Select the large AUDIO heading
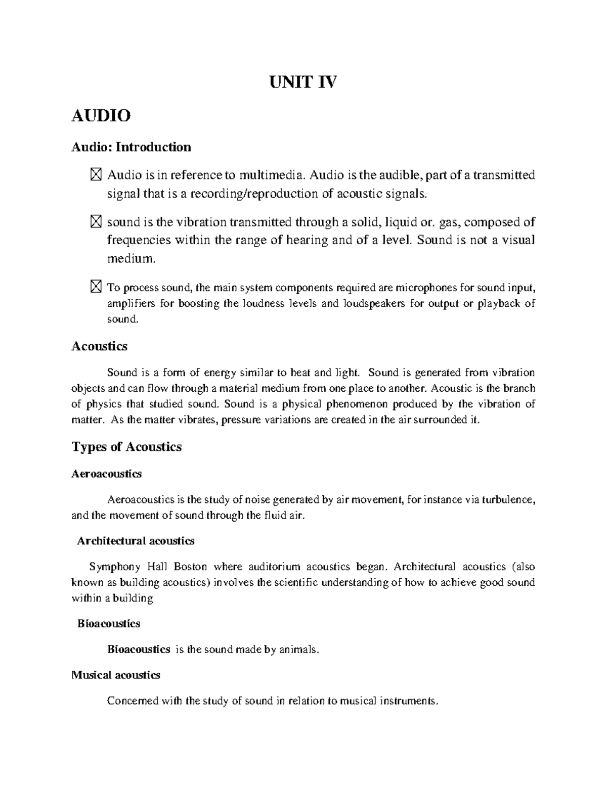point(101,116)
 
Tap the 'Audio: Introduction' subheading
point(131,147)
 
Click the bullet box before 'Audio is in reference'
point(96,175)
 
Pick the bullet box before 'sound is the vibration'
point(96,222)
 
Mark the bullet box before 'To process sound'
point(96,288)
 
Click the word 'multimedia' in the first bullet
point(272,175)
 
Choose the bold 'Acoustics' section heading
point(99,346)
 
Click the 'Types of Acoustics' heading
point(126,447)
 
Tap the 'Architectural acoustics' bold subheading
point(136,541)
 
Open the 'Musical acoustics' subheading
point(116,675)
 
